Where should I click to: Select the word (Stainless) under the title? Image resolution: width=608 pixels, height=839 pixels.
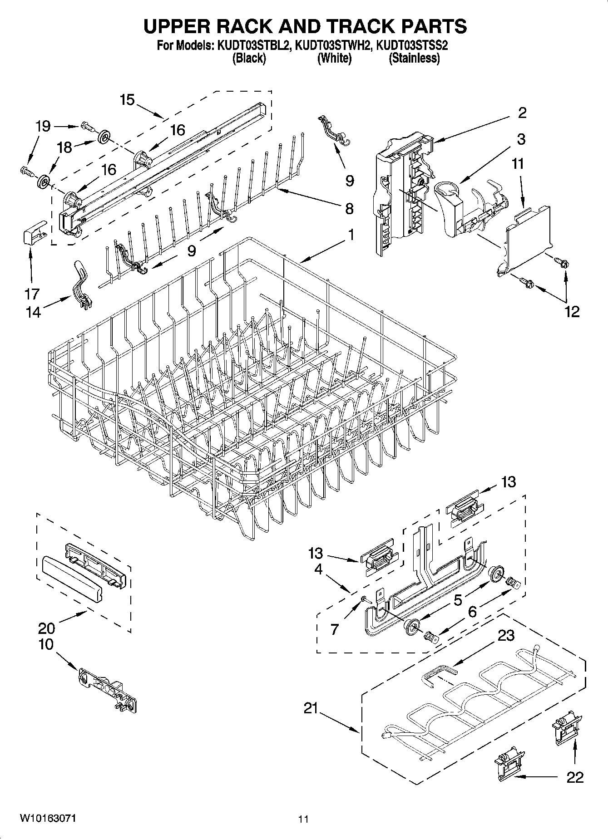(414, 58)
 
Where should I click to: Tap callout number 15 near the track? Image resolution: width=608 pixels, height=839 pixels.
(128, 99)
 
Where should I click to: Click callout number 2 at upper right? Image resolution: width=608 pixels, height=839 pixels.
(522, 113)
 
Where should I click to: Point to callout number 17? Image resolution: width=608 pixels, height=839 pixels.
(32, 294)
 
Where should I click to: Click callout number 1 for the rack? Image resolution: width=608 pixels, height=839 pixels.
(351, 235)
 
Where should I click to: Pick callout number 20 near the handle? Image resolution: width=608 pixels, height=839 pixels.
(46, 628)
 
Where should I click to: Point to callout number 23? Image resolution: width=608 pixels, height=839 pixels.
(505, 635)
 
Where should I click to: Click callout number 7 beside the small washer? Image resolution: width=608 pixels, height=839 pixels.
(334, 629)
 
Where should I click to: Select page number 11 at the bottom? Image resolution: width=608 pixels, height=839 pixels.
(303, 819)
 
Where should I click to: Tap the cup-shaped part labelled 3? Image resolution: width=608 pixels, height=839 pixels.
(449, 206)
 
